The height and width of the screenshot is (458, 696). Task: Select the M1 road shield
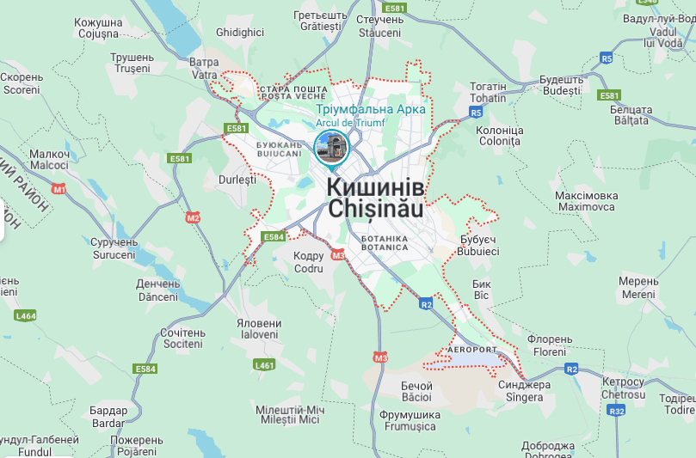59,188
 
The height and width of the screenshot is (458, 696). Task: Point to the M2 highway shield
193,217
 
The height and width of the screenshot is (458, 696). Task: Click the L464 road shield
26,315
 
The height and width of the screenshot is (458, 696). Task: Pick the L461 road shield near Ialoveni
264,365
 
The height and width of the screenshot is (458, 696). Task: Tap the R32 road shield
616,411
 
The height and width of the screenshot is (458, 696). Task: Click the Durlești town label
237,180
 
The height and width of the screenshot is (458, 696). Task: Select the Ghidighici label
240,32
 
